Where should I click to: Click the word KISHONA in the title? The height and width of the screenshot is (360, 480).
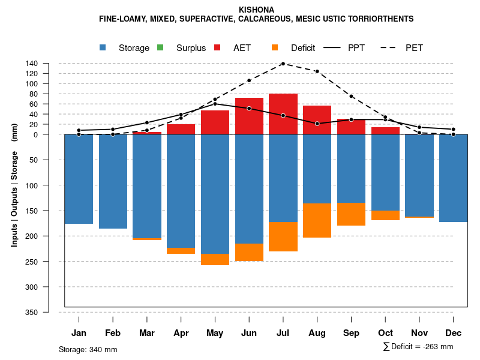click(x=256, y=10)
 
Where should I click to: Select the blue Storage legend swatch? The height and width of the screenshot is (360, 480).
click(x=104, y=48)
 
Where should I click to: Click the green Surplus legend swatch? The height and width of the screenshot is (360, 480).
click(x=160, y=48)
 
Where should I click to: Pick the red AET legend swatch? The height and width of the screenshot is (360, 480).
click(x=217, y=48)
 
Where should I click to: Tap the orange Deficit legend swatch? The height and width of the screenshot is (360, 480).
click(x=275, y=48)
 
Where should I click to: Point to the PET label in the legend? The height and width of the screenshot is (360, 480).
click(x=414, y=48)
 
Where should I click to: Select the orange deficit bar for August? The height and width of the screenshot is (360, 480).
click(x=317, y=220)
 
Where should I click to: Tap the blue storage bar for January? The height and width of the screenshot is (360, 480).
click(x=79, y=179)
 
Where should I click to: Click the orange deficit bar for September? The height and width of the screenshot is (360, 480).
click(x=352, y=214)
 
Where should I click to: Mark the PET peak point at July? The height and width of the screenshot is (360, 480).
click(x=283, y=64)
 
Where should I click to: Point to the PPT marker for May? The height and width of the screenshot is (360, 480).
click(x=215, y=104)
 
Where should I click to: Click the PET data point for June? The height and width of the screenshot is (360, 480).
click(x=249, y=80)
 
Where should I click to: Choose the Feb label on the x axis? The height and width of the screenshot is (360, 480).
click(x=113, y=333)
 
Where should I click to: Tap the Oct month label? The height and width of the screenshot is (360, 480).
click(x=386, y=333)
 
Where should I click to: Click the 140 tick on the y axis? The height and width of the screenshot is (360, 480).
click(x=49, y=64)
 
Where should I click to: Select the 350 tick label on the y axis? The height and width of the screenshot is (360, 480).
click(x=49, y=313)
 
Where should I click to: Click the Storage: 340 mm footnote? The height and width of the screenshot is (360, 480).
click(x=88, y=349)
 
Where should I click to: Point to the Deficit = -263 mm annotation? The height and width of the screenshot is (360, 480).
click(x=418, y=347)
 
